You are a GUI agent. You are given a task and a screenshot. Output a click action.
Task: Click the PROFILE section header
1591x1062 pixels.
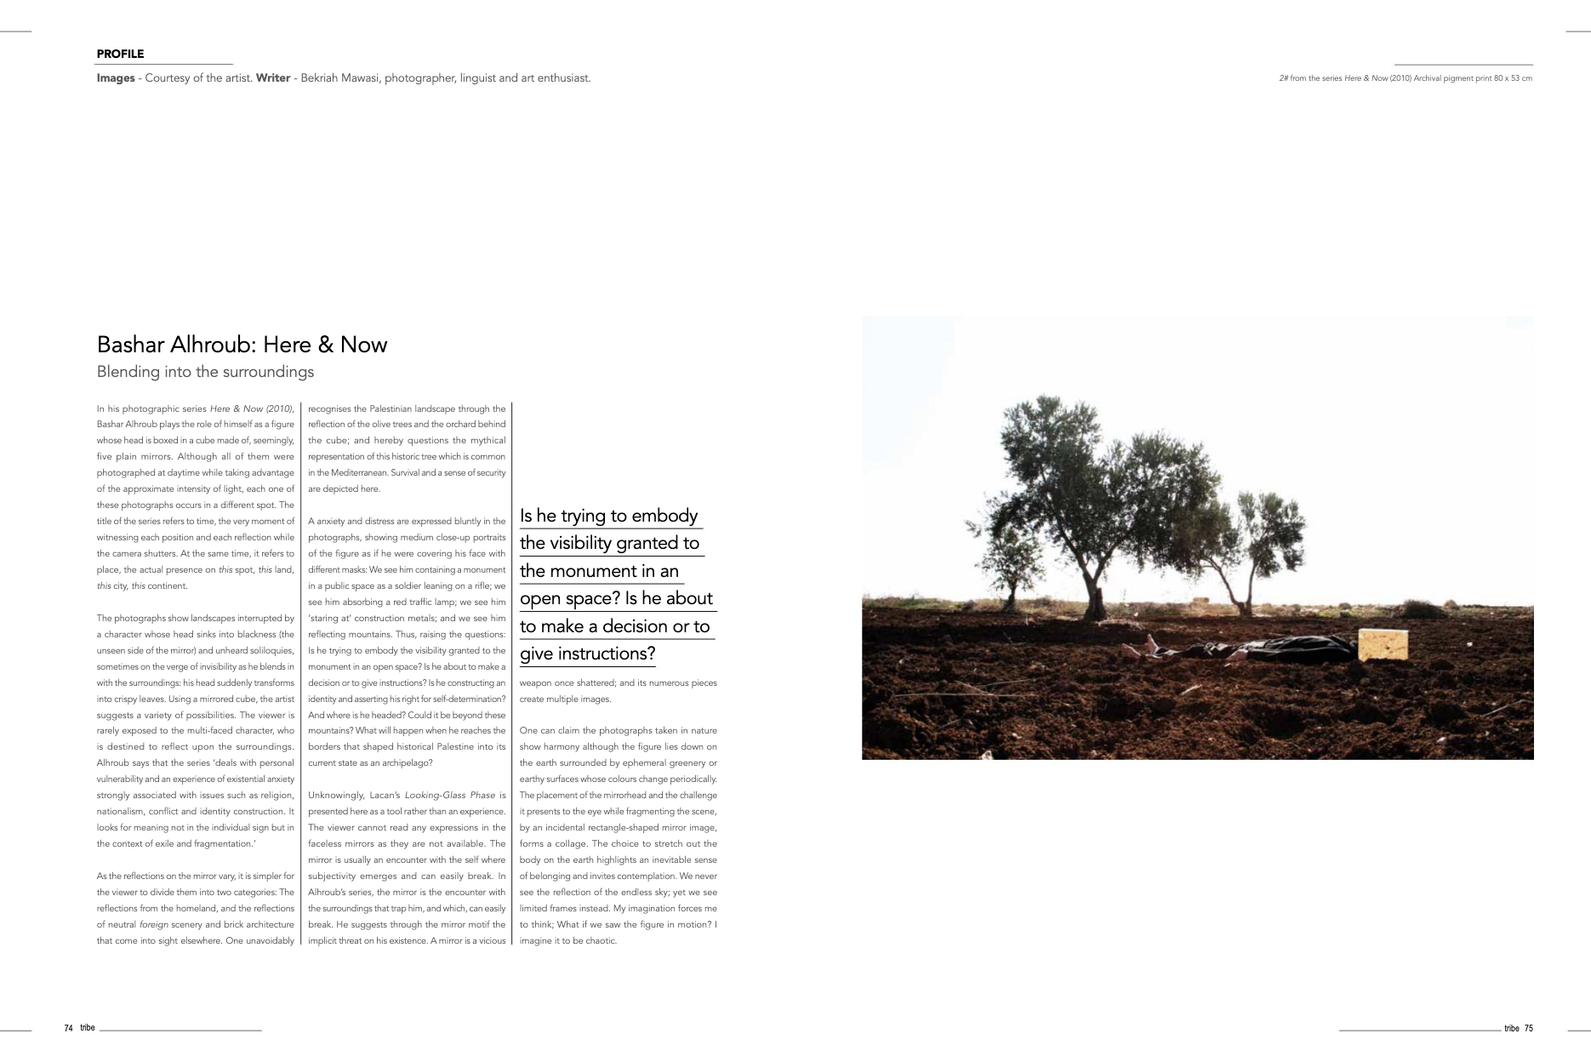click(x=120, y=54)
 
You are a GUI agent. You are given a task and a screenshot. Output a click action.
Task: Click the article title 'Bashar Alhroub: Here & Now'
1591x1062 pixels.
click(x=242, y=345)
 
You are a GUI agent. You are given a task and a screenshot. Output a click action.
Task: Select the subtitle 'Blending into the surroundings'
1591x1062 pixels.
click(x=205, y=372)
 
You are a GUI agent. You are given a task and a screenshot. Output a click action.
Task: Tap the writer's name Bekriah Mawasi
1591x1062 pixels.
click(x=339, y=78)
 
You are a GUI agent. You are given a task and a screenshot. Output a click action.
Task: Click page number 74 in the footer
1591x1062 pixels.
click(x=68, y=1028)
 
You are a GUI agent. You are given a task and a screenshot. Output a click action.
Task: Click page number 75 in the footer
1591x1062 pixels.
click(x=1528, y=1028)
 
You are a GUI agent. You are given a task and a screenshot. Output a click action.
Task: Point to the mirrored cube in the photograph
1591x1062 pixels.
click(x=1383, y=644)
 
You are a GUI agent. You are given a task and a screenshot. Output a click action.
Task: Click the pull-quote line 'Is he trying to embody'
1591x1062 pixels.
click(x=608, y=516)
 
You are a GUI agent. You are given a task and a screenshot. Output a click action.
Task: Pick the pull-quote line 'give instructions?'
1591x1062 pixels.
click(x=587, y=654)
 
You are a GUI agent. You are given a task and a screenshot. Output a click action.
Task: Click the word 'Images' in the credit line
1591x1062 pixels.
click(x=116, y=78)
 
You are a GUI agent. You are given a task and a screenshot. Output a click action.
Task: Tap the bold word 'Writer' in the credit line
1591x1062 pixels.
click(x=273, y=78)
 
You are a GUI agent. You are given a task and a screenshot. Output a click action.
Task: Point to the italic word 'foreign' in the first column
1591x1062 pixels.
click(x=153, y=924)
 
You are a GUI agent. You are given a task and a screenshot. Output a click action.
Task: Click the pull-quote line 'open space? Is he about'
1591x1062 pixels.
click(x=616, y=598)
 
